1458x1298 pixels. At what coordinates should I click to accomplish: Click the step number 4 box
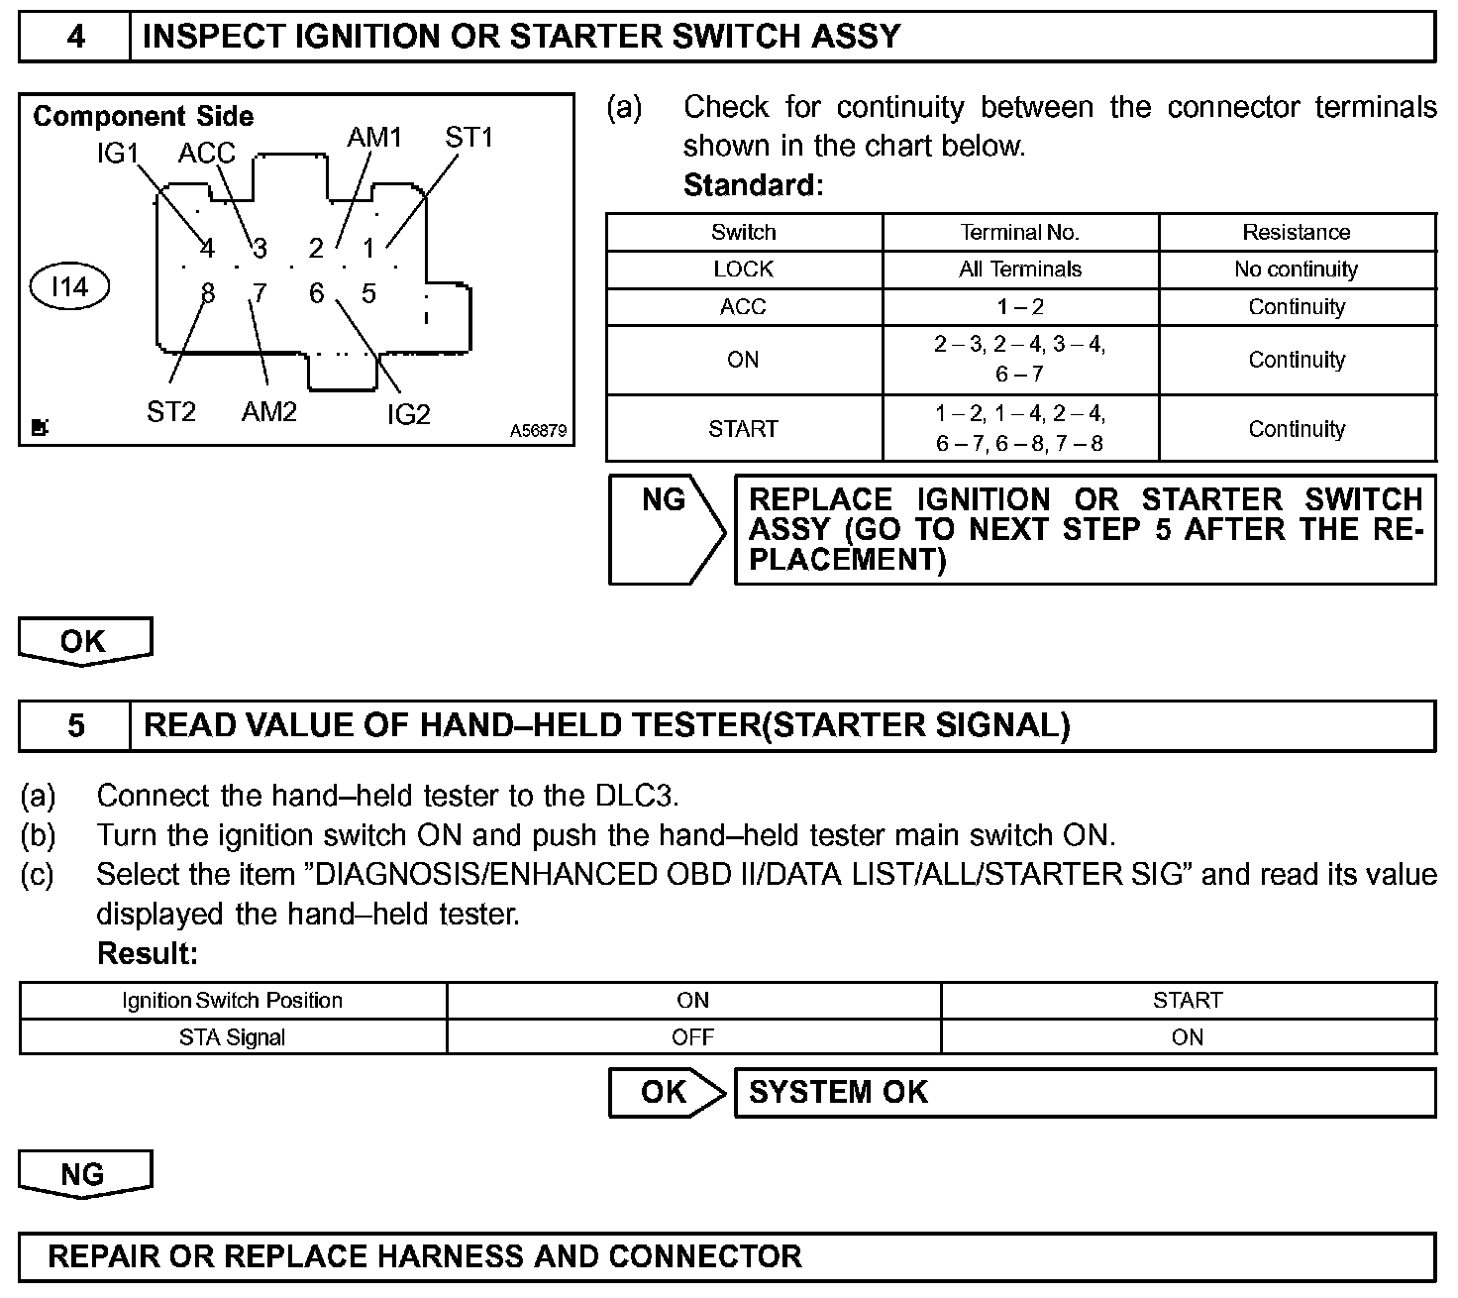75,37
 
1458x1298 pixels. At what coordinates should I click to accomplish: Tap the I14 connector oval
69,287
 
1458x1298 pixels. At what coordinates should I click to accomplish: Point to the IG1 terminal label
117,154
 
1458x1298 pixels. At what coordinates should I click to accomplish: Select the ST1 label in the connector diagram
469,138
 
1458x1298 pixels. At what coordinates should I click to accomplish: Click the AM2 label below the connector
268,411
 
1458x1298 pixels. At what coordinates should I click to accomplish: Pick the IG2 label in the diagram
408,414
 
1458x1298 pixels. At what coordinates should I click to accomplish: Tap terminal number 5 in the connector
368,293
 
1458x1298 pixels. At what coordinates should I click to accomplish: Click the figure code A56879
538,431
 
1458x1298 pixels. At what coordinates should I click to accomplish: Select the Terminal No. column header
1019,232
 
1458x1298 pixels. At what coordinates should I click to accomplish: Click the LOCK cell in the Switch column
743,270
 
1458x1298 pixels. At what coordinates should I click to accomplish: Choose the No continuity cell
1296,270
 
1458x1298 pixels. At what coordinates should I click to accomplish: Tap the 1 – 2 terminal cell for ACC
1019,307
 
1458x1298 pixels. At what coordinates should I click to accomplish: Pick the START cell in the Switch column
743,429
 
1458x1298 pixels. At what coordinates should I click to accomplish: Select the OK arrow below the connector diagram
84,641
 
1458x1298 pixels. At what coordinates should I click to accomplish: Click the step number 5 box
75,725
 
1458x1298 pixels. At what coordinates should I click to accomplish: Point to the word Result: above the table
148,953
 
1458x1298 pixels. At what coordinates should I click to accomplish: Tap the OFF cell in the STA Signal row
692,1037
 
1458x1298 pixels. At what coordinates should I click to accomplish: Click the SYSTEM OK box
1084,1092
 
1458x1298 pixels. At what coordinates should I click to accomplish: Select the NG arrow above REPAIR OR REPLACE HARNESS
84,1174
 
